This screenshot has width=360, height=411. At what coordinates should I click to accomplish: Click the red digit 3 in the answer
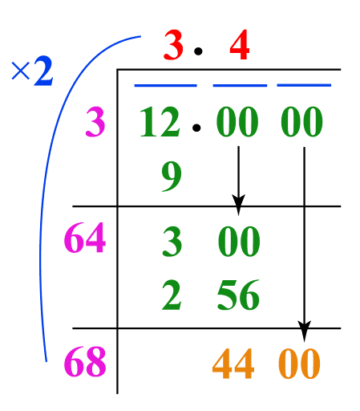(x=173, y=45)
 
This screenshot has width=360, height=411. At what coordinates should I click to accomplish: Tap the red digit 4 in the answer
(x=240, y=45)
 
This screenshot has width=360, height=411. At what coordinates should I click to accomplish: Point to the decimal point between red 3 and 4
(x=198, y=51)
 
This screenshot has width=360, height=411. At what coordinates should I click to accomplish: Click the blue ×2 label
(x=32, y=71)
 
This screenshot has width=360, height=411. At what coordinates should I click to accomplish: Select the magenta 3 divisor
(x=95, y=122)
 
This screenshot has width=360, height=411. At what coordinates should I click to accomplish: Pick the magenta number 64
(x=85, y=238)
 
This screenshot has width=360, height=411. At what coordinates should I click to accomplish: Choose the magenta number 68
(x=85, y=361)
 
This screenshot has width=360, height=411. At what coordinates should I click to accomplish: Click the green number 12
(x=160, y=122)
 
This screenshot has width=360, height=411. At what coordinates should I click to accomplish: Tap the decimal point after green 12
(x=196, y=128)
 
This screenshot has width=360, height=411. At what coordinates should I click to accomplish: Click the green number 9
(x=172, y=177)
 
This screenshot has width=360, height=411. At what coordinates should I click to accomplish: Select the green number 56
(x=238, y=295)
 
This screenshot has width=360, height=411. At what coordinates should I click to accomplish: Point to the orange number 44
(x=233, y=364)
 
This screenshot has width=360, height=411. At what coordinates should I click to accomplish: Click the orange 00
(x=299, y=364)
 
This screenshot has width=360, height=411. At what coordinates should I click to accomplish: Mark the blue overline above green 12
(x=165, y=86)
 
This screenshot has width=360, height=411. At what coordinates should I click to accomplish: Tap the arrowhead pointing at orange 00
(x=304, y=331)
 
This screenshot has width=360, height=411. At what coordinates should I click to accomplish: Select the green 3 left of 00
(x=172, y=242)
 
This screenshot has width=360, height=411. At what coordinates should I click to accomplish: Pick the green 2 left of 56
(x=172, y=295)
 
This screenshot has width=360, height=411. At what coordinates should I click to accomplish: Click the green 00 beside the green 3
(x=239, y=242)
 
